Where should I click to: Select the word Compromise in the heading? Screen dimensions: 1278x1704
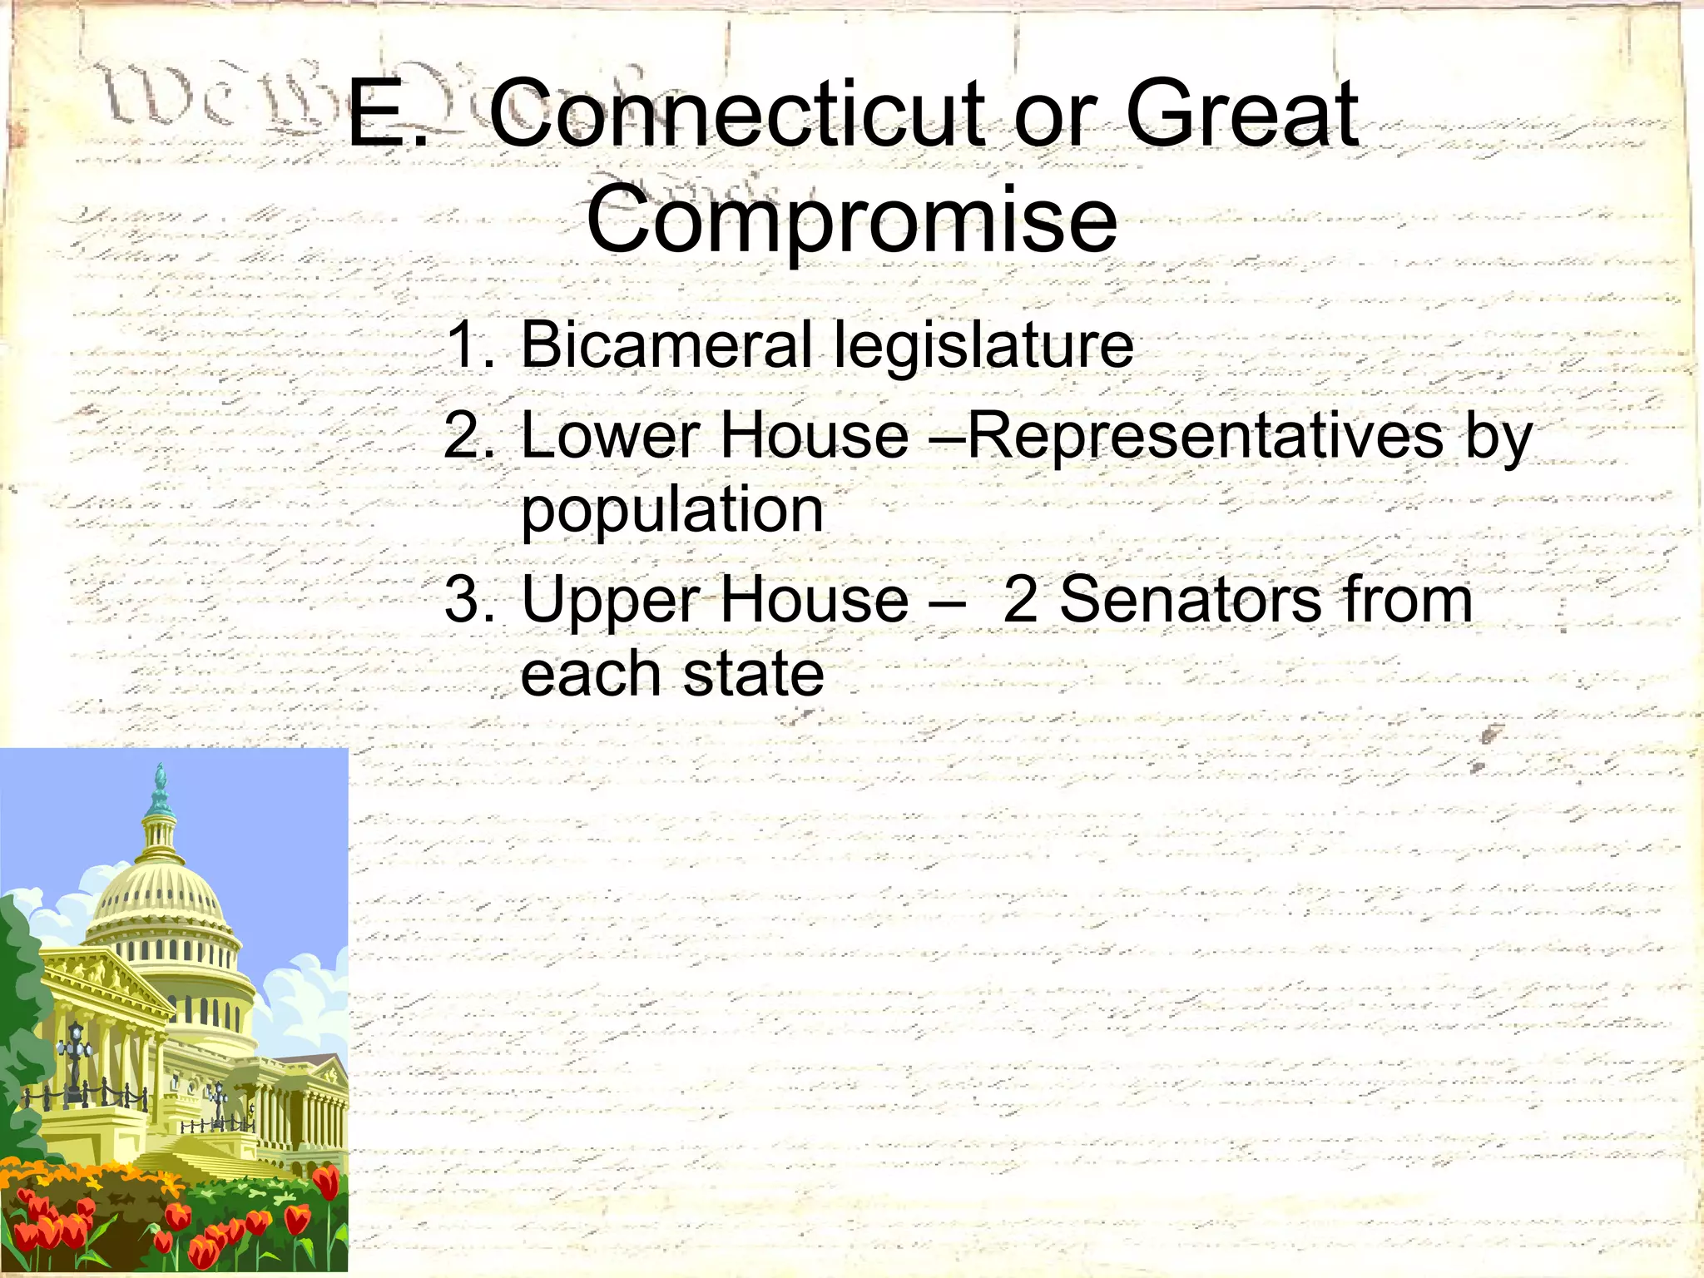tap(851, 220)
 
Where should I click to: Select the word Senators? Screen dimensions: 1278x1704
tap(1190, 599)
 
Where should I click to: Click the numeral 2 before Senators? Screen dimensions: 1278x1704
tap(1021, 599)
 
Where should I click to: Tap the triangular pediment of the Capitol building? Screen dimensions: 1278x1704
tap(108, 982)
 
